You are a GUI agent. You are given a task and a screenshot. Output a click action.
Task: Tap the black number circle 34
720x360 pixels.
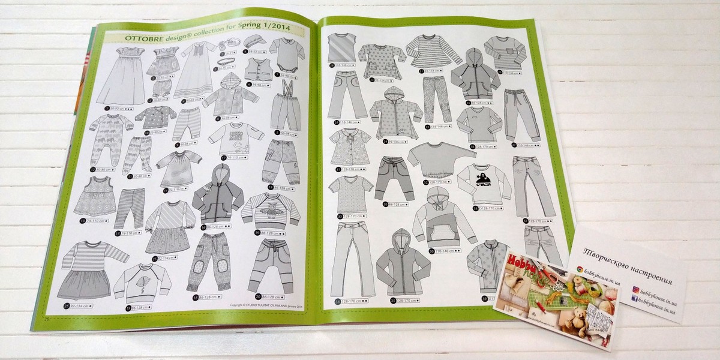click(338, 300)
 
